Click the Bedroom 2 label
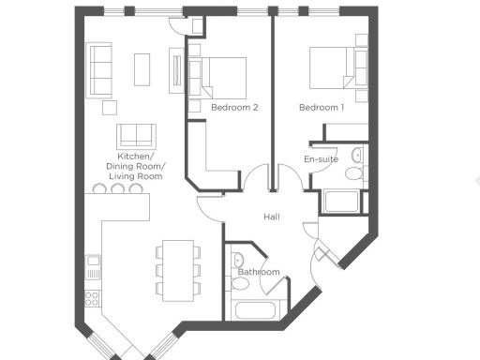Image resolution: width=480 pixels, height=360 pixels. (234, 108)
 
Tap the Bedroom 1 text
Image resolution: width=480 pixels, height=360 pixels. (322, 108)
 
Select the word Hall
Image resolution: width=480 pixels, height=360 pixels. (272, 217)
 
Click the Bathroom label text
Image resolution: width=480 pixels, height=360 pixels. (258, 272)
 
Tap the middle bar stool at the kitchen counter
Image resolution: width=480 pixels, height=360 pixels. (118, 188)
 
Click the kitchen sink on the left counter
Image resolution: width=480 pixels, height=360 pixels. (93, 265)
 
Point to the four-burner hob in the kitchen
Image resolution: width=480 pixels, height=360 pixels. (93, 299)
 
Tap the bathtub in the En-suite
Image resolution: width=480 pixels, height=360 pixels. (339, 202)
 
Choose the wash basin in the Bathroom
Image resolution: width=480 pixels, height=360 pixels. (238, 262)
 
